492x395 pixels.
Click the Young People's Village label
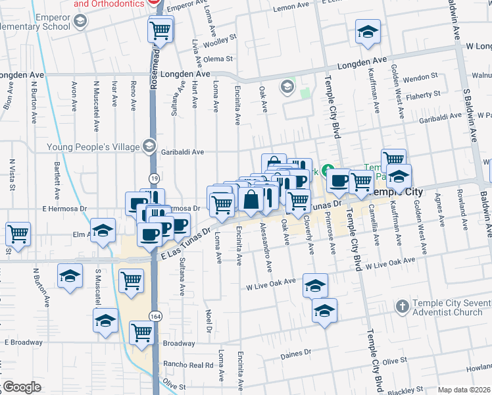pyautogui.click(x=92, y=146)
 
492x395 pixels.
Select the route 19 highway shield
pyautogui.click(x=153, y=178)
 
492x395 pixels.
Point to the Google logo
pyautogui.click(x=21, y=387)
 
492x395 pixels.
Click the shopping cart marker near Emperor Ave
pyautogui.click(x=160, y=30)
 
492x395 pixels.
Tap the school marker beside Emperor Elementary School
pyautogui.click(x=80, y=22)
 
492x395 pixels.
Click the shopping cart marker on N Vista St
pyautogui.click(x=18, y=233)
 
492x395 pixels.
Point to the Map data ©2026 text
pyautogui.click(x=464, y=390)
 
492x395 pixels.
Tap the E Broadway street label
pyautogui.click(x=24, y=343)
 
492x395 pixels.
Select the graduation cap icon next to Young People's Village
pyautogui.click(x=150, y=146)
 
